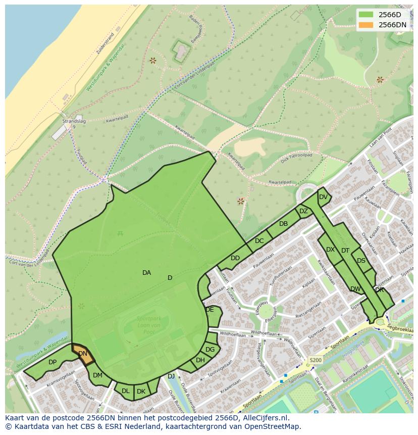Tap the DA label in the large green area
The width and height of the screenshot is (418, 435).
146,273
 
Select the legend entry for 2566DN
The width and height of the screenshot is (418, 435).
392,25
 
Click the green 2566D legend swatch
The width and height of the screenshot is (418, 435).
366,15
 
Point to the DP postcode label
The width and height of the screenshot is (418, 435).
53,362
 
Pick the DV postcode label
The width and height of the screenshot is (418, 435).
323,197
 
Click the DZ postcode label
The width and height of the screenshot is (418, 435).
303,211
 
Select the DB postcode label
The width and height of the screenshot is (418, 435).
283,224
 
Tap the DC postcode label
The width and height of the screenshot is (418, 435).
259,241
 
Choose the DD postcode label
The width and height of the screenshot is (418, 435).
235,258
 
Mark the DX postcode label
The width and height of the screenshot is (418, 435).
330,250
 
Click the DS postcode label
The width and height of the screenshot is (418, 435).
361,261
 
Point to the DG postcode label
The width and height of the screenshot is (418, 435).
210,350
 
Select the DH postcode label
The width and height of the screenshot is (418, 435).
200,360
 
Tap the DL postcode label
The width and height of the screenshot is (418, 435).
126,391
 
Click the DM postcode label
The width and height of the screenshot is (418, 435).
97,375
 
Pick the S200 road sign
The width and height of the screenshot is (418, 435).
315,360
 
